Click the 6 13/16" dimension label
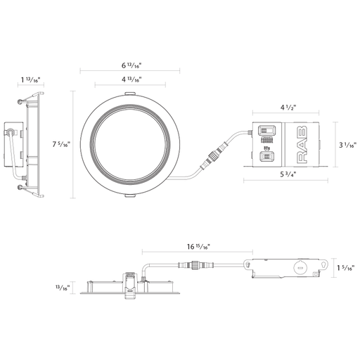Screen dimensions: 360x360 point(131,65)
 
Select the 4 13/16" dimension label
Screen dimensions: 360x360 point(131,79)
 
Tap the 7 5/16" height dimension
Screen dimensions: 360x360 point(61,144)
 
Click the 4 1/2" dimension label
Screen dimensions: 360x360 point(288,108)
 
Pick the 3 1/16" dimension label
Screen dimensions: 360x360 point(347,146)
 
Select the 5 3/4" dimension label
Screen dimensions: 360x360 point(288,174)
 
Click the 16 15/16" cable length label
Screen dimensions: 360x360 point(198,247)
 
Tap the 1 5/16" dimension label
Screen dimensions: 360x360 point(346,268)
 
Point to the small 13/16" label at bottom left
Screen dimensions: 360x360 point(63,288)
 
